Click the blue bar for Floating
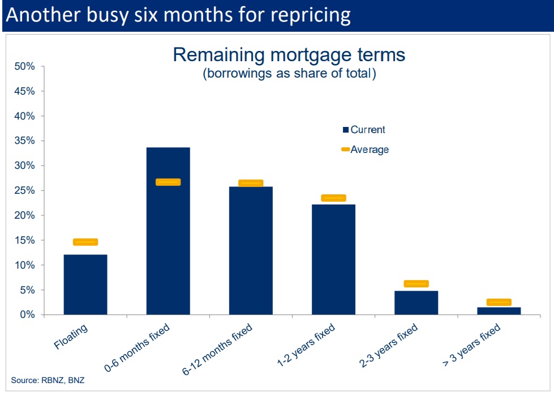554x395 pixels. tap(85, 284)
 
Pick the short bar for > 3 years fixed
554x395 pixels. tap(499, 311)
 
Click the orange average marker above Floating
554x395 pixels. tap(85, 242)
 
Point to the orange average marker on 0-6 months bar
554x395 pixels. tap(168, 182)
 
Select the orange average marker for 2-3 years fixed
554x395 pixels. tap(416, 283)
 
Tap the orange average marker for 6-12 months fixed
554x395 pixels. tap(251, 183)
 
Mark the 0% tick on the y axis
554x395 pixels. tap(27, 315)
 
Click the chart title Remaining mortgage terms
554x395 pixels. tap(289, 55)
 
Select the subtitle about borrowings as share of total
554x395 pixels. tap(289, 74)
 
